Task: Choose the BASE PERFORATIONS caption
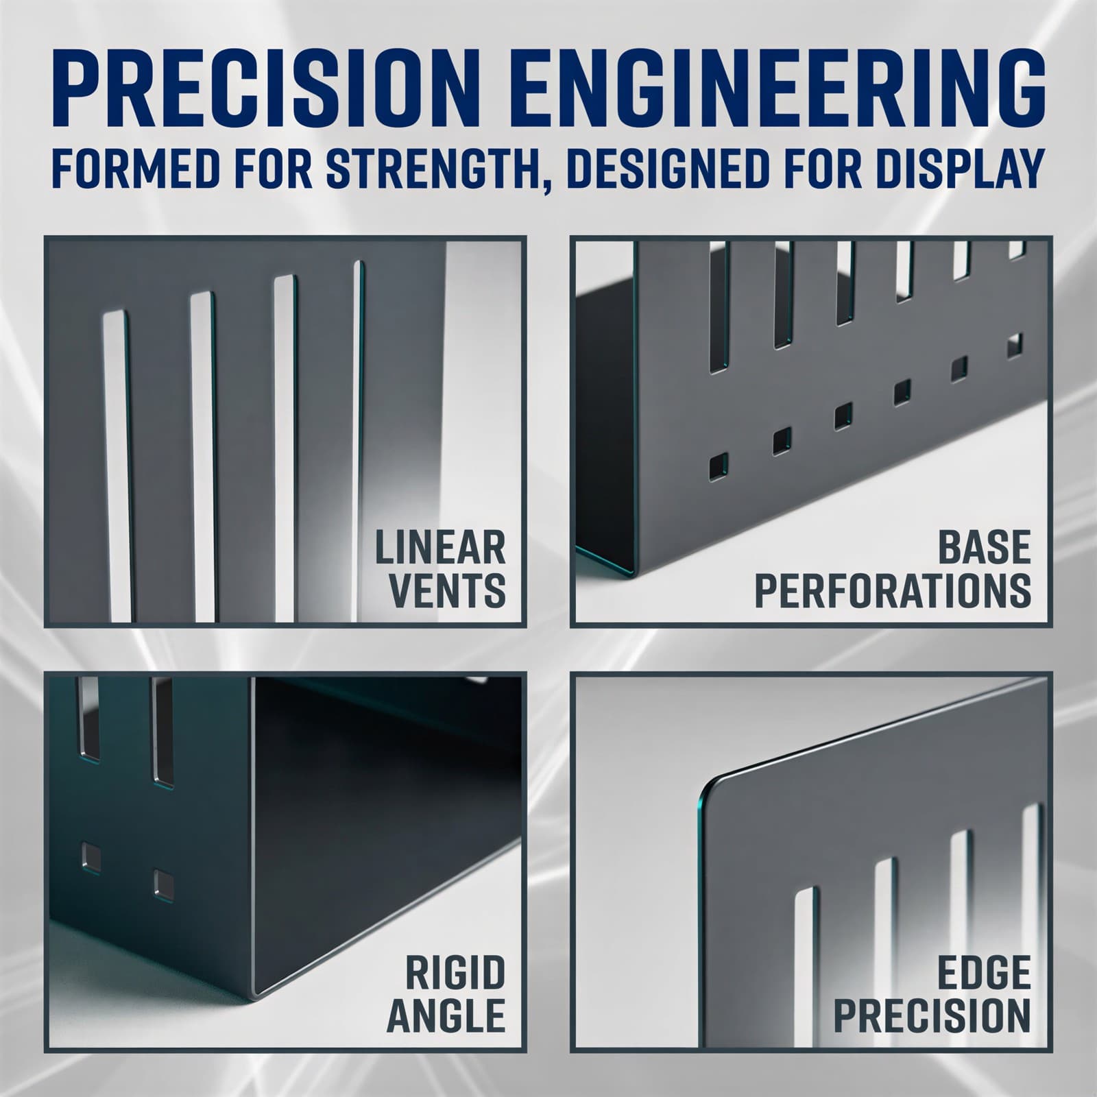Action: pyautogui.click(x=893, y=568)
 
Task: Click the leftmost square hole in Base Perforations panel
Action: pyautogui.click(x=719, y=466)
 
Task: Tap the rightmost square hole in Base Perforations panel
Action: pyautogui.click(x=1015, y=344)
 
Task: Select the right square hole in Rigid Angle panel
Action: pyautogui.click(x=164, y=884)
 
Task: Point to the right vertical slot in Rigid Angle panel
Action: pyautogui.click(x=163, y=730)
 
